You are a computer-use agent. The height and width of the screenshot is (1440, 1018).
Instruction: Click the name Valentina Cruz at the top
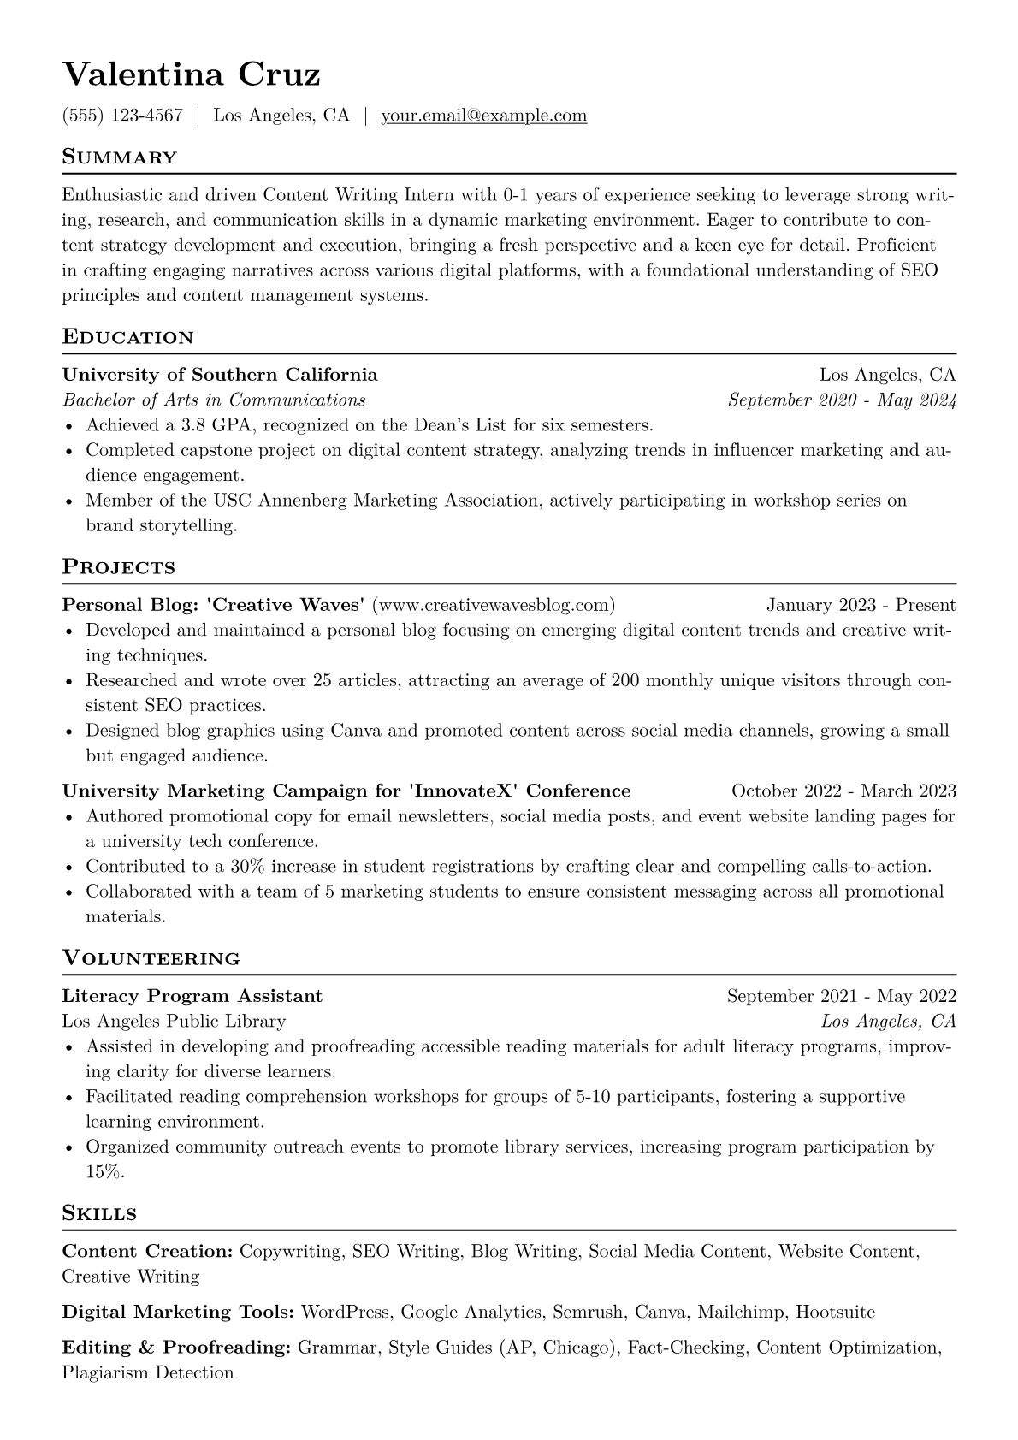point(191,74)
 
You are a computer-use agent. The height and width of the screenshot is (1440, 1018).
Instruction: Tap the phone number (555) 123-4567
point(122,116)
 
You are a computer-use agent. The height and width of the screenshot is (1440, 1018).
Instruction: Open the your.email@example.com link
point(483,116)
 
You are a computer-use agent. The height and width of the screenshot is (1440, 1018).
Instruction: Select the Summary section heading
point(119,157)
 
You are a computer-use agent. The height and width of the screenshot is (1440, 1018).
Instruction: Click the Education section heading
point(127,337)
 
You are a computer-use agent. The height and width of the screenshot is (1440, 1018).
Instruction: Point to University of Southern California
point(220,375)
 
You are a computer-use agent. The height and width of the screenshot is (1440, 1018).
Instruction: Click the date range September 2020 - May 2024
point(841,400)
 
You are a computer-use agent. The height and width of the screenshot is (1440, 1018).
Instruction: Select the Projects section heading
point(118,567)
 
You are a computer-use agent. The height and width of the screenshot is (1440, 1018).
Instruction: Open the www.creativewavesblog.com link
point(494,606)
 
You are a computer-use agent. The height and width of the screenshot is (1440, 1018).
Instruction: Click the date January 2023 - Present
point(861,606)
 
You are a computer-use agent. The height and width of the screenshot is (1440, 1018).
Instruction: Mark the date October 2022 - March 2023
point(843,791)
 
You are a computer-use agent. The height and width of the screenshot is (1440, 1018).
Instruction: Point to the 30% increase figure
point(246,867)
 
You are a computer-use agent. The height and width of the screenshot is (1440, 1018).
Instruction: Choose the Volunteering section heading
point(151,958)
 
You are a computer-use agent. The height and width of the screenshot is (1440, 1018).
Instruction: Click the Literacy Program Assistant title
point(192,996)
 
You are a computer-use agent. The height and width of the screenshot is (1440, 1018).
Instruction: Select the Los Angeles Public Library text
point(174,1022)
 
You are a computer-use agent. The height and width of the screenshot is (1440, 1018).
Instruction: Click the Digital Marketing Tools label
point(178,1313)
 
